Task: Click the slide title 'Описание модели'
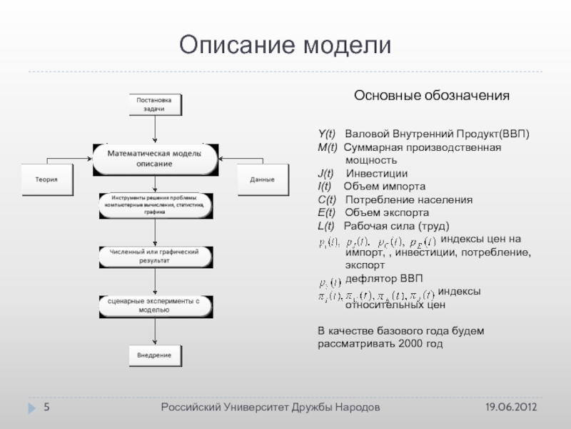pos(285,45)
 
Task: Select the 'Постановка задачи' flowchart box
pos(154,104)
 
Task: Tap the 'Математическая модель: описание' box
pos(154,159)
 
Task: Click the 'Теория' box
pos(49,179)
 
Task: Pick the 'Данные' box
pos(262,179)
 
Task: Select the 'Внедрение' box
pos(154,355)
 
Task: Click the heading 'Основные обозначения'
pos(432,95)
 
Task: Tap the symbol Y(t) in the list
pos(327,134)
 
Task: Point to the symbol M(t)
pos(328,147)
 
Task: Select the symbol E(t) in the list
pos(327,213)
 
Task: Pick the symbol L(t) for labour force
pos(326,226)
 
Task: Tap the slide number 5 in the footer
pos(46,407)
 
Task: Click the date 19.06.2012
pos(512,407)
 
